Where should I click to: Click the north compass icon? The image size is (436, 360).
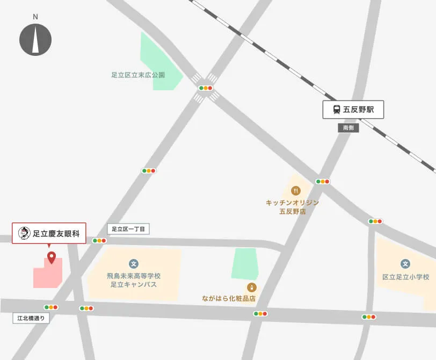pyautogui.click(x=35, y=40)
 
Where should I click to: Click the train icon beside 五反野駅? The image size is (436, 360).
pyautogui.click(x=337, y=110)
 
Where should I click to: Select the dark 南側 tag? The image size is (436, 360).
pyautogui.click(x=348, y=128)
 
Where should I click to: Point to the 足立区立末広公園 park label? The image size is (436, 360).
pyautogui.click(x=138, y=75)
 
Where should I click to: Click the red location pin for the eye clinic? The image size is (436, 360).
pyautogui.click(x=52, y=257)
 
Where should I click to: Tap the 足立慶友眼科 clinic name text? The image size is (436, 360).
pyautogui.click(x=56, y=233)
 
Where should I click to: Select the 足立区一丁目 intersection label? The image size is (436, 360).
pyautogui.click(x=128, y=229)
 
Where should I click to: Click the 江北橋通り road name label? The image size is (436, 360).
pyautogui.click(x=32, y=318)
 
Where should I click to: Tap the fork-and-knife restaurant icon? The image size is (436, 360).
pyautogui.click(x=295, y=190)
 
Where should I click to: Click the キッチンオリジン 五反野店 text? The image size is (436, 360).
pyautogui.click(x=292, y=207)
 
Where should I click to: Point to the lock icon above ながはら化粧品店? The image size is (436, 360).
pyautogui.click(x=252, y=287)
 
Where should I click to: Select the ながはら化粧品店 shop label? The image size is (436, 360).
pyautogui.click(x=229, y=298)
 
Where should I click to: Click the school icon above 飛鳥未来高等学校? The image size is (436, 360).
pyautogui.click(x=133, y=264)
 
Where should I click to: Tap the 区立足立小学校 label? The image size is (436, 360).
pyautogui.click(x=405, y=277)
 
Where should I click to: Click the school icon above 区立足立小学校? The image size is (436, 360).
pyautogui.click(x=405, y=264)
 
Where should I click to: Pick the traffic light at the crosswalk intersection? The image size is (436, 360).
pyautogui.click(x=206, y=88)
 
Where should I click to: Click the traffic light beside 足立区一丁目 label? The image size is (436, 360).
pyautogui.click(x=99, y=241)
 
